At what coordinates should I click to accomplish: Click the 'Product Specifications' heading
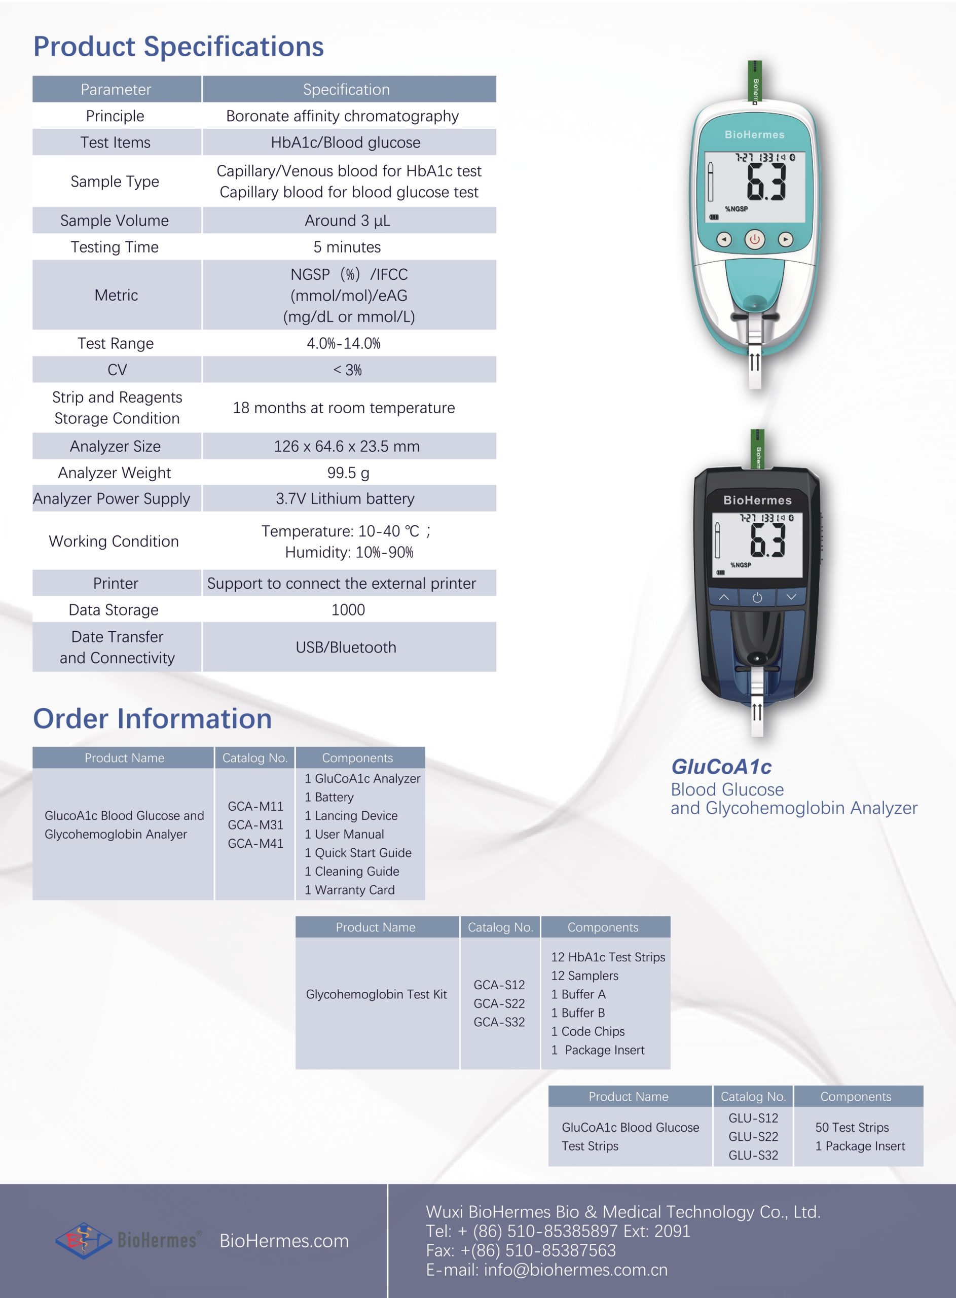coord(178,46)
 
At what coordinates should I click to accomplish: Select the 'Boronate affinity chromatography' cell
coord(342,116)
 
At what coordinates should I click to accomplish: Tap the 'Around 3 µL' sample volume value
coord(347,221)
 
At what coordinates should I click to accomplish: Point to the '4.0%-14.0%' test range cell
coord(344,343)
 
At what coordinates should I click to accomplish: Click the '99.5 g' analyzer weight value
coord(348,473)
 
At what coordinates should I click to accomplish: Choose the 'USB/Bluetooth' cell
coord(346,647)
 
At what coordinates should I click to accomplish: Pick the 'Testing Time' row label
coord(115,247)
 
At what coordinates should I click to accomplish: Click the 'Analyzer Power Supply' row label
coord(112,499)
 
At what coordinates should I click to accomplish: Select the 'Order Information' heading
coord(152,719)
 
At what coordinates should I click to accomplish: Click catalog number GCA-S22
coord(499,1003)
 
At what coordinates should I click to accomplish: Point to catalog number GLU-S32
coord(753,1155)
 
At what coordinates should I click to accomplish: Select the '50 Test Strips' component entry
coord(852,1127)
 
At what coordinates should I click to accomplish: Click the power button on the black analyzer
coord(757,598)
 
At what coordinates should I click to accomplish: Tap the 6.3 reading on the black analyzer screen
coord(767,540)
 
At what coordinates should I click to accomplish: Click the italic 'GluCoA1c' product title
coord(721,767)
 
